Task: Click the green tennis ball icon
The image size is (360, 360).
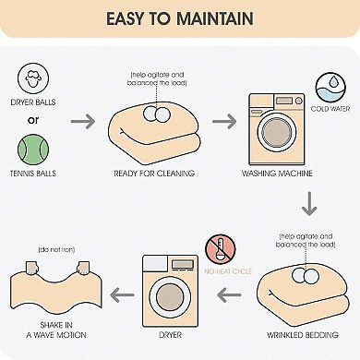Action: [33, 150]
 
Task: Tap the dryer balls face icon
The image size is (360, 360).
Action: [33, 78]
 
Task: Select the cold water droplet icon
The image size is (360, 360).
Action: [330, 88]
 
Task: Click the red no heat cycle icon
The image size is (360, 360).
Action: [221, 249]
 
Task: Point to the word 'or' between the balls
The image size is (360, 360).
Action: [33, 120]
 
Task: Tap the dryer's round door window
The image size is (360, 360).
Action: [170, 297]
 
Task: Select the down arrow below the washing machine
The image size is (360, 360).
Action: [309, 203]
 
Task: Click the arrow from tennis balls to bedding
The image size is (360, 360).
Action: [83, 121]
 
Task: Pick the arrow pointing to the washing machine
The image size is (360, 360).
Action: [224, 121]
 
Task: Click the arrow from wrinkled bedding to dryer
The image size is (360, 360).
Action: [229, 294]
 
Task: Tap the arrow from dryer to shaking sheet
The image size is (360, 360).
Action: [122, 294]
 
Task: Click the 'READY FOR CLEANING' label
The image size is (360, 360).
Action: [154, 174]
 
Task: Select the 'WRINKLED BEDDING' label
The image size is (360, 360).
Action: [303, 335]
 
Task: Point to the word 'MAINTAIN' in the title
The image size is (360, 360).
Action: [215, 18]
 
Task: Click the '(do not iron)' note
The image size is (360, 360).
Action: [56, 249]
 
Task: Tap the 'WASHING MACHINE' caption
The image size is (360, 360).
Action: [277, 174]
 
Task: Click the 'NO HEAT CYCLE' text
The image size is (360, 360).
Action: [228, 271]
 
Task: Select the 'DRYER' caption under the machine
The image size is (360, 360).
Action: [170, 335]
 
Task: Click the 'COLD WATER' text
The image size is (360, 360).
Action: [330, 109]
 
